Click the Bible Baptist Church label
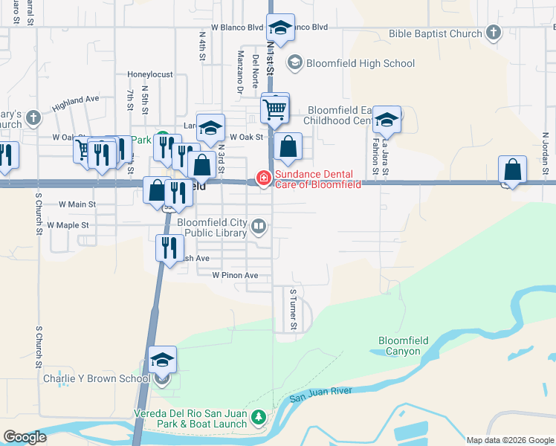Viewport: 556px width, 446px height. click(435, 33)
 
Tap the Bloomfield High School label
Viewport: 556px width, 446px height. click(360, 63)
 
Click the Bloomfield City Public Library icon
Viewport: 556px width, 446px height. click(259, 225)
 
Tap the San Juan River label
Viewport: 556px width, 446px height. click(320, 394)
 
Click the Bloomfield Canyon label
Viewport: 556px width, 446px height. click(404, 346)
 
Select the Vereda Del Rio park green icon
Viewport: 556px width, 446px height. click(258, 417)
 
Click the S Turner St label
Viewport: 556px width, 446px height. click(294, 310)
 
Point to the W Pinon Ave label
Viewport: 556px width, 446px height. click(235, 275)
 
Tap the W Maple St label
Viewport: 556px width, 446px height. click(68, 224)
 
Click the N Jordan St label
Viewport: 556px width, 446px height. click(545, 148)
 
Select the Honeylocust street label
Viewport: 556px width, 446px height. click(149, 74)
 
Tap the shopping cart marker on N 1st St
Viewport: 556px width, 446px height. click(275, 110)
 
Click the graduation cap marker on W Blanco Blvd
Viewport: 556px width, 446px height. click(280, 29)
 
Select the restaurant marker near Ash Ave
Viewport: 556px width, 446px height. click(169, 247)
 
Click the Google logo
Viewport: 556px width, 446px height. click(25, 437)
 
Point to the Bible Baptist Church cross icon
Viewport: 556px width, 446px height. click(493, 33)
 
